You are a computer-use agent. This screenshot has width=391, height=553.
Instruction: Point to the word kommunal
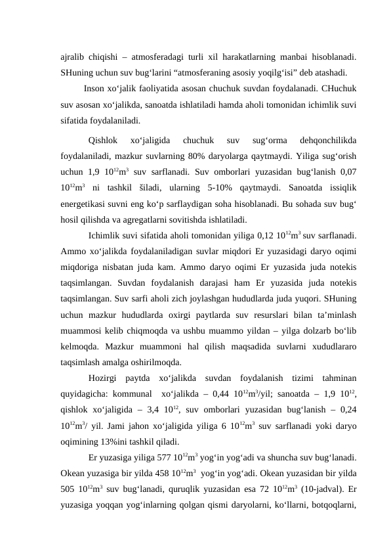(133, 394)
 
